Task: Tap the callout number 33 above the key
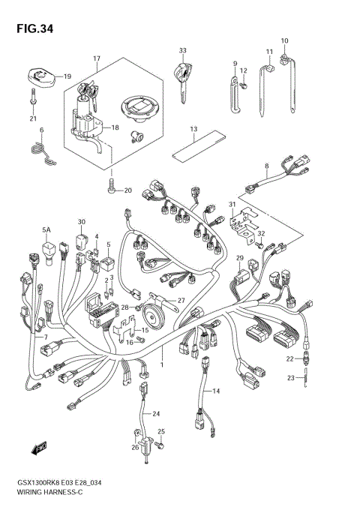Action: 182,50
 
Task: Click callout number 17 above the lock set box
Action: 97,58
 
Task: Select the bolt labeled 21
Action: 33,97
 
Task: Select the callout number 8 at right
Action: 265,165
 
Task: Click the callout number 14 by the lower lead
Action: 217,391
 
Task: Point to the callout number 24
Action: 157,414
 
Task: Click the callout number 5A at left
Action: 46,229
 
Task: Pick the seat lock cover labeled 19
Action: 39,76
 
